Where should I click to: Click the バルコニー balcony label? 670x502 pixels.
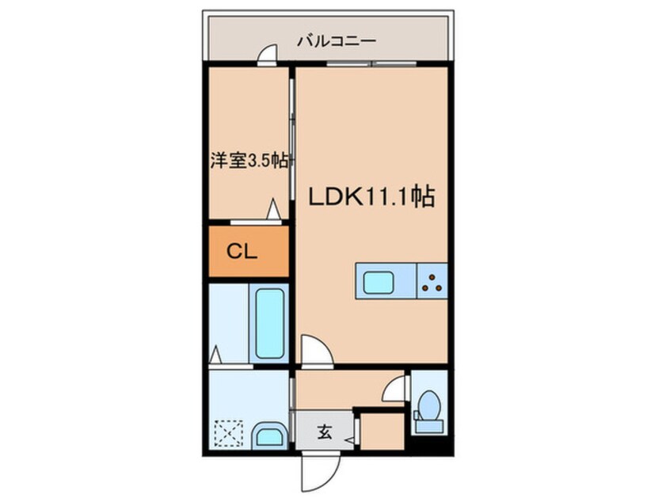[337, 41]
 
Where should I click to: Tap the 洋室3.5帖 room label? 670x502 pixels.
[249, 161]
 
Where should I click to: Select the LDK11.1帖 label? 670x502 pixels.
[371, 197]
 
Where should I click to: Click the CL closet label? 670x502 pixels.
[242, 252]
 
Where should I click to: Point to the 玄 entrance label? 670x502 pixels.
[325, 432]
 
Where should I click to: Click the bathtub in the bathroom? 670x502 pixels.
[269, 323]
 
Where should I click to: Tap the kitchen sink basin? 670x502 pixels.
[378, 282]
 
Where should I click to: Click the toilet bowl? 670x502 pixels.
[428, 406]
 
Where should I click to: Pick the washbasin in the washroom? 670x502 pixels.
[269, 436]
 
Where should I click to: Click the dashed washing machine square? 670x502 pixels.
[229, 434]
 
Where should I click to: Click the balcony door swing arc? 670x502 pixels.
[268, 53]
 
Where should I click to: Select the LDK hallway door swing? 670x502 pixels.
[317, 350]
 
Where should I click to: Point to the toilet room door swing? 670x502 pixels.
[393, 389]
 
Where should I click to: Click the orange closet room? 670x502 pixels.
[249, 251]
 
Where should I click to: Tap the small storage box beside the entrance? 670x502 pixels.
[383, 431]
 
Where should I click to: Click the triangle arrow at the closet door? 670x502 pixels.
[273, 209]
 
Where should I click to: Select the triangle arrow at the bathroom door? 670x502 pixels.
[215, 354]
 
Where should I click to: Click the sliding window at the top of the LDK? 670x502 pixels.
[371, 64]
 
